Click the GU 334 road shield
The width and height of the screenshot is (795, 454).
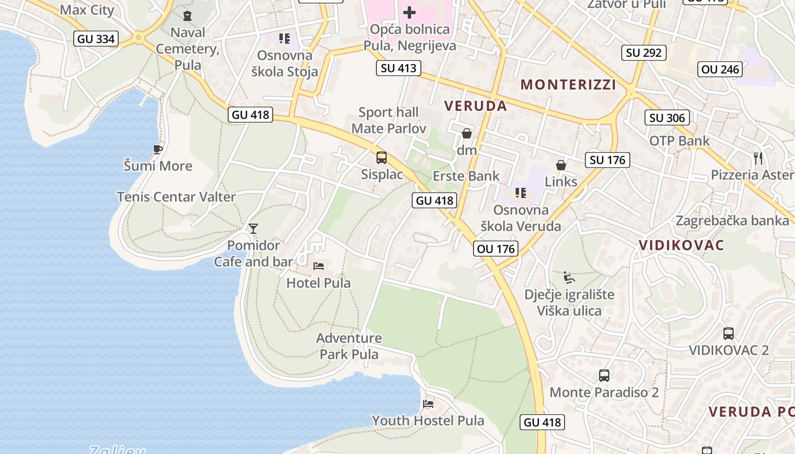click(x=96, y=39)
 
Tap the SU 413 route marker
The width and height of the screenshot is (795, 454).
click(x=398, y=68)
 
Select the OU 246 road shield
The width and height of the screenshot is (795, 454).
click(x=721, y=69)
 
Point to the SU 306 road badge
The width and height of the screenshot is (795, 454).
click(x=667, y=117)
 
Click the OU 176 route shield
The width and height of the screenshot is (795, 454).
click(x=496, y=249)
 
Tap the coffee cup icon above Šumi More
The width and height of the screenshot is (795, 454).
click(x=158, y=149)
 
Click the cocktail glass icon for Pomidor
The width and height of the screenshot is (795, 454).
click(x=253, y=228)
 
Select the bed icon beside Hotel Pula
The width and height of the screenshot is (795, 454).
click(x=319, y=266)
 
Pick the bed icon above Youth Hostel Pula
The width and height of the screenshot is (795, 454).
click(x=428, y=403)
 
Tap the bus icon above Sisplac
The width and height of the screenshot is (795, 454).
click(x=382, y=158)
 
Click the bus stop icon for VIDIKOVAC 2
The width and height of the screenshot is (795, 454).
click(x=729, y=333)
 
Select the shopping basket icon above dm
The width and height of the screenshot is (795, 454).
click(x=467, y=133)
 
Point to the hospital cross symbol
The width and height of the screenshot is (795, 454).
click(x=409, y=12)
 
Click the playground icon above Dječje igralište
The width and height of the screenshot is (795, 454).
click(x=569, y=278)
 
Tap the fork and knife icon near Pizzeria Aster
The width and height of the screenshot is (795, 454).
click(x=758, y=157)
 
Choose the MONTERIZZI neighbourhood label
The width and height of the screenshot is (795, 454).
click(x=568, y=85)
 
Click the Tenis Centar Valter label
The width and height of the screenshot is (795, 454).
click(x=176, y=196)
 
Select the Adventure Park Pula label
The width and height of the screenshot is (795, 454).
click(x=349, y=346)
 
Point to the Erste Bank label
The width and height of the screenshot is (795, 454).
click(x=466, y=176)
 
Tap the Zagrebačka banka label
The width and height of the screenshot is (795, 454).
click(x=732, y=220)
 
